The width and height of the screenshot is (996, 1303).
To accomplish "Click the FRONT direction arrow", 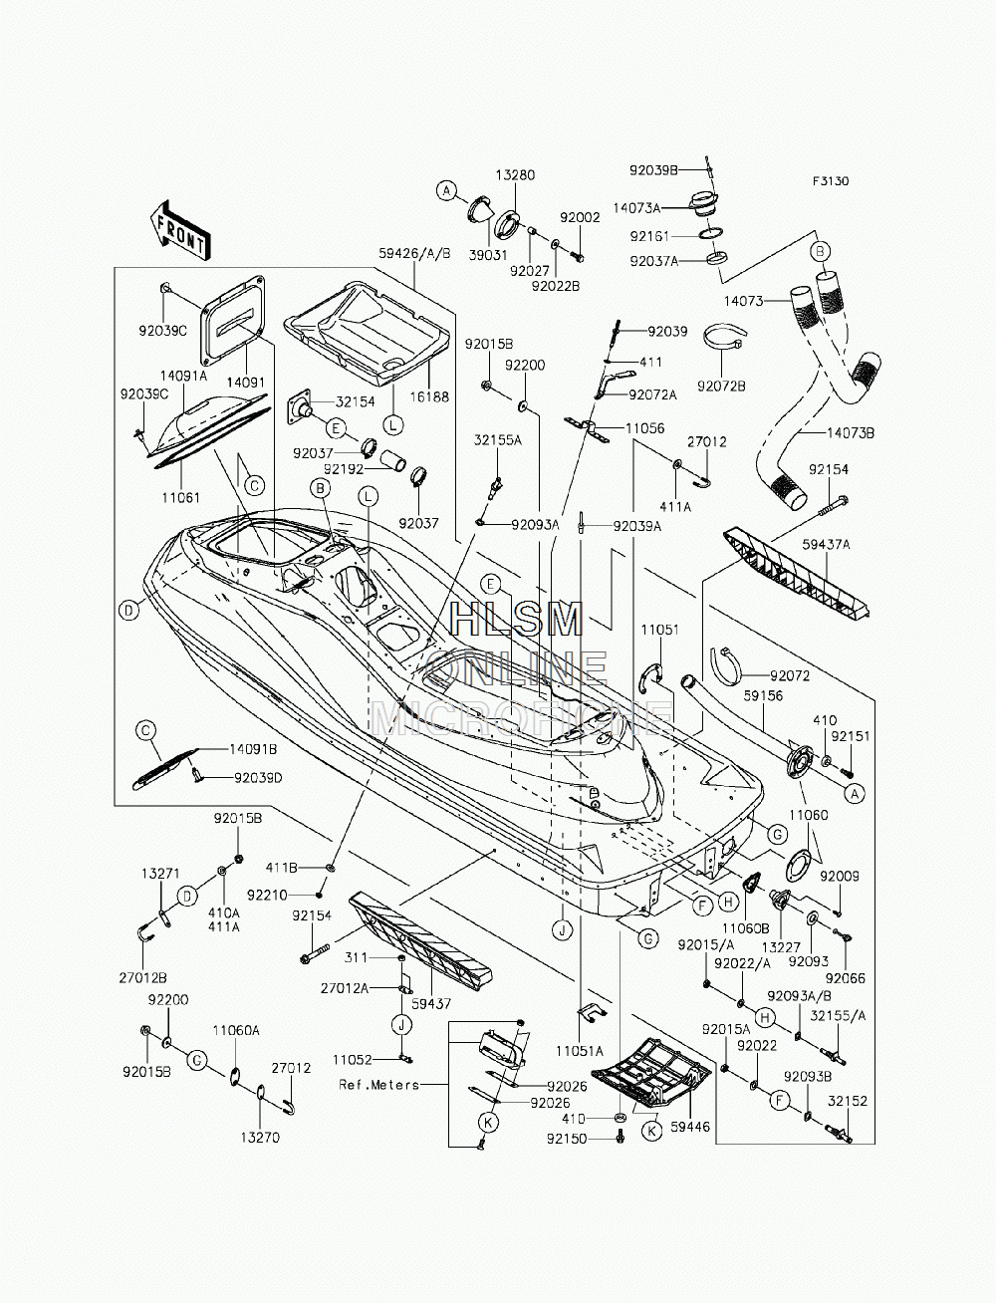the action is [179, 231].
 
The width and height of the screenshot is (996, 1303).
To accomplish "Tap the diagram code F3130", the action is [831, 181].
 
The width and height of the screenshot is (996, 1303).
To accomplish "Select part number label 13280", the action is [516, 175].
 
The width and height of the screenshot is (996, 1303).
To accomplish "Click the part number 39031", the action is [488, 255].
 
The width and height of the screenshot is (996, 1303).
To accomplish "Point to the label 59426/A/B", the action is [415, 253].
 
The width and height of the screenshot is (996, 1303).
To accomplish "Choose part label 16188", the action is [429, 396].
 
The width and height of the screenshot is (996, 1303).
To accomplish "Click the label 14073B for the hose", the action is [851, 433].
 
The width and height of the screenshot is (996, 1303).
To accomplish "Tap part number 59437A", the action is [826, 544].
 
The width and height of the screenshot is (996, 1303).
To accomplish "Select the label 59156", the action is [764, 695].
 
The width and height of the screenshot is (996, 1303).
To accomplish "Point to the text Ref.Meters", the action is [378, 1085].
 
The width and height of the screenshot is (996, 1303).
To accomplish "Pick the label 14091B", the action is [253, 749].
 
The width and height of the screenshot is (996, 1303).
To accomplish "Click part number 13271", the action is [160, 874].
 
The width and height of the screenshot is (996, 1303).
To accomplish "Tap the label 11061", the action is [181, 497].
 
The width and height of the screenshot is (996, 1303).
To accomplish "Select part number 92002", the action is [580, 217].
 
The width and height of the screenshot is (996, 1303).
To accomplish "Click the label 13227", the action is [782, 947].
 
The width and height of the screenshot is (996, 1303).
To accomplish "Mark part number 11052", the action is [353, 1059].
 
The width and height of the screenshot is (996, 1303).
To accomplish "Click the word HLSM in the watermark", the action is [517, 620].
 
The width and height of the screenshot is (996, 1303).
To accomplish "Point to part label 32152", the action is [848, 1101].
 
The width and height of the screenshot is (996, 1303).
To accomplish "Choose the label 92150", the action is [567, 1139].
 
